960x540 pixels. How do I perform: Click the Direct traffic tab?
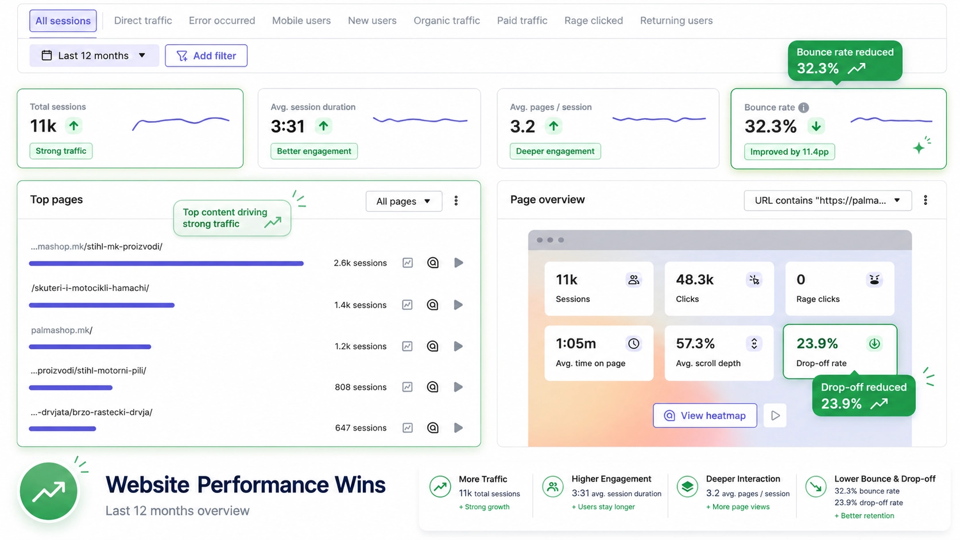click(143, 21)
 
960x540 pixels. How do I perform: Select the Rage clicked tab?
click(594, 21)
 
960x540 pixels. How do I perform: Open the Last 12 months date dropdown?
click(94, 56)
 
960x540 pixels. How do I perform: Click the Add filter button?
click(206, 56)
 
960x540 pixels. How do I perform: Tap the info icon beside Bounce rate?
click(804, 107)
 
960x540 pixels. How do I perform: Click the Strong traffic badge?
click(61, 151)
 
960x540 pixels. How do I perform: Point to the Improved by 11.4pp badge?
click(789, 151)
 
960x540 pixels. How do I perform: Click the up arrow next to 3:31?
click(324, 126)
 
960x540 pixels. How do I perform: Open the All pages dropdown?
click(404, 201)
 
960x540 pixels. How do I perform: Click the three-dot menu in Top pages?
click(456, 201)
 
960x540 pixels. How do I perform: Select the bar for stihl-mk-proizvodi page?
click(167, 263)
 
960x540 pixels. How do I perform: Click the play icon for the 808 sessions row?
click(458, 387)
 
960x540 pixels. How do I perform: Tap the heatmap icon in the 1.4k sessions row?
click(433, 305)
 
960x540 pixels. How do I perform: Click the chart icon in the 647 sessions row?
click(408, 428)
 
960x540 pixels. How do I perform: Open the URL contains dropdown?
click(827, 200)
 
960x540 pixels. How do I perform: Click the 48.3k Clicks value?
click(695, 279)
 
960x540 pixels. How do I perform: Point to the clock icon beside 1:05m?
click(633, 343)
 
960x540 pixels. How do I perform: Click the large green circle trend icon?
click(49, 491)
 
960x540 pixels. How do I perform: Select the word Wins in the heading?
click(360, 485)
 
